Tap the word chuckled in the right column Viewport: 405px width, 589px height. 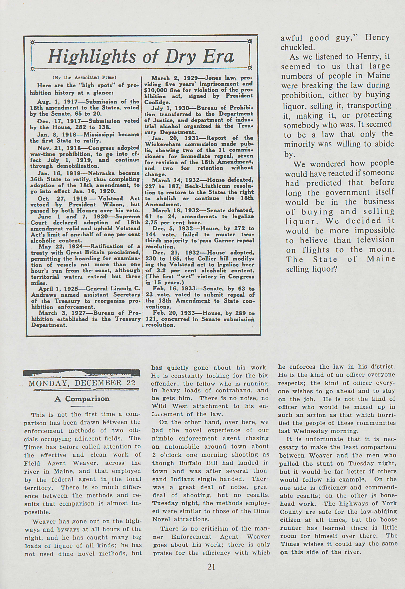pos(297,47)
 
